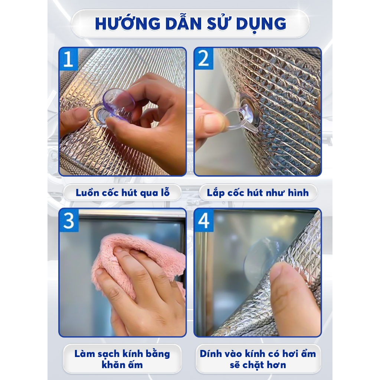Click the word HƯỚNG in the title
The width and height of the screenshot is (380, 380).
coord(128,23)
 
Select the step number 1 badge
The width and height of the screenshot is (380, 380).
coord(68,59)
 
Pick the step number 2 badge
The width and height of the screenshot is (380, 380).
coord(204,59)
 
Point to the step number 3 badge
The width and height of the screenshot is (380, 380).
coord(69,220)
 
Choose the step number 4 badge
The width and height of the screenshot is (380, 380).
coord(204,220)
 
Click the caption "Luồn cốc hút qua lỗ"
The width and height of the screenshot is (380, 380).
coord(122,193)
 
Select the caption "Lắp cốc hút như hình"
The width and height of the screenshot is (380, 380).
coord(258,193)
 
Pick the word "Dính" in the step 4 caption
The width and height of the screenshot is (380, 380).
coord(211,354)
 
